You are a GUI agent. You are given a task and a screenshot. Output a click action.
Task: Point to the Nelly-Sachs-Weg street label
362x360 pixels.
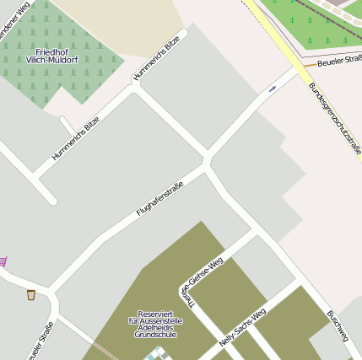point(242,328)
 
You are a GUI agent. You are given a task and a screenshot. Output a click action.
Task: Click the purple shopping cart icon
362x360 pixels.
point(3,261)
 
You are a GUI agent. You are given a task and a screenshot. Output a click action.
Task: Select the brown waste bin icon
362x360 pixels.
point(31,294)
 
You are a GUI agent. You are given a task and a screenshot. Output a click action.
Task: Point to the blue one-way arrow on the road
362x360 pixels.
point(272,89)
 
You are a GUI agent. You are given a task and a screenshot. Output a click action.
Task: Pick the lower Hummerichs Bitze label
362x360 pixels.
point(76,137)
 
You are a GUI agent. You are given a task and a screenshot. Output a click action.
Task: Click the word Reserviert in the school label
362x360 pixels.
point(154,313)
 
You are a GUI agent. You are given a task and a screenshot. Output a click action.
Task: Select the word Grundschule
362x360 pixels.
point(154,335)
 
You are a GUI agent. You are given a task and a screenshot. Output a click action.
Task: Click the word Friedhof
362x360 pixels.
point(52,52)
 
